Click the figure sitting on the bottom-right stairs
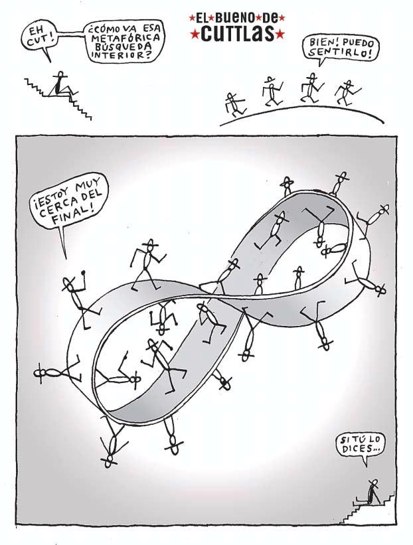pyautogui.click(x=372, y=491)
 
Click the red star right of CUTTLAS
pyautogui.click(x=280, y=33)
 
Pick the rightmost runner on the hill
pyautogui.click(x=345, y=92)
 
